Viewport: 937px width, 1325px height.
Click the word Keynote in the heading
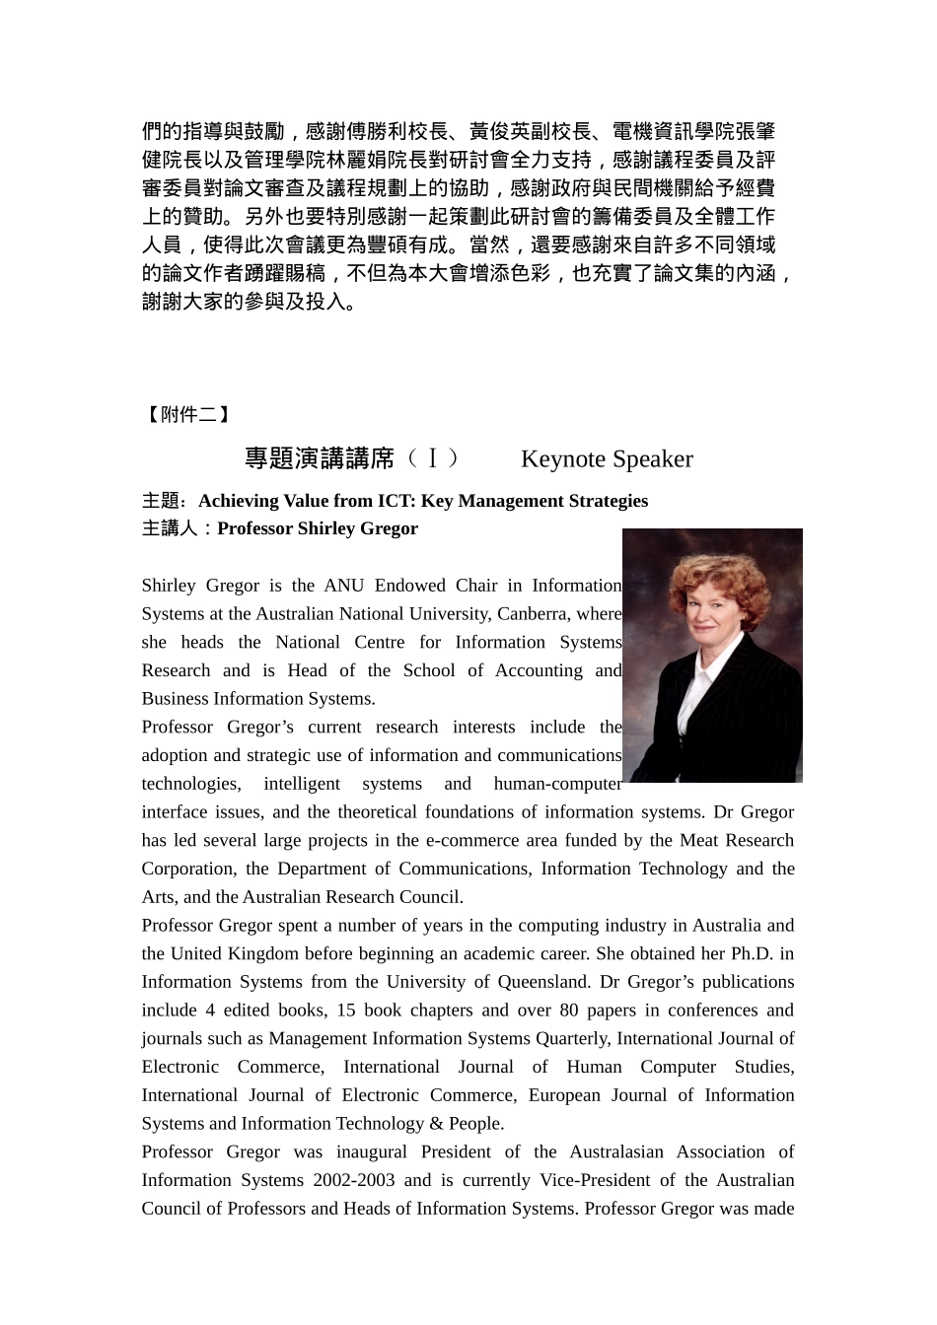562,459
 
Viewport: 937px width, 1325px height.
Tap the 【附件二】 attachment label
186,415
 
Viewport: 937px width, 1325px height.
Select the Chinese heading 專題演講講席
319,459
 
